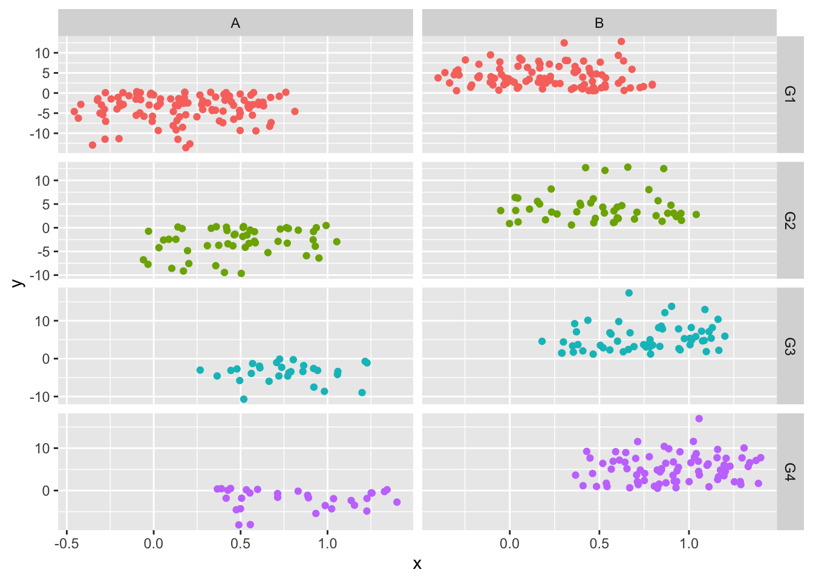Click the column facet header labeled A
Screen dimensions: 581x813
coord(235,23)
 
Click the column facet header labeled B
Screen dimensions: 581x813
coord(599,23)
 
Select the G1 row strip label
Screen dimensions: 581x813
coord(789,94)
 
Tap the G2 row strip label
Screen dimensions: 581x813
coord(789,220)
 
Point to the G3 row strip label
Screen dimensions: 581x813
coord(789,346)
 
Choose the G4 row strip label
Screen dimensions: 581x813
coord(789,471)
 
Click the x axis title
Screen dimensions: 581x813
coord(417,565)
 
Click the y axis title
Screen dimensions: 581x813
coord(18,283)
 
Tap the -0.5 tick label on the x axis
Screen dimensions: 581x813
coord(67,543)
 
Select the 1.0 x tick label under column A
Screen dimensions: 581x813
coord(327,543)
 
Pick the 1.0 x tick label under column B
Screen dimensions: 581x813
coord(689,543)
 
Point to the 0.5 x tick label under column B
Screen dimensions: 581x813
coord(599,543)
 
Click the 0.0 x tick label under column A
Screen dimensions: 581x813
coord(154,543)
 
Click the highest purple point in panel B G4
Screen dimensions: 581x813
coord(699,419)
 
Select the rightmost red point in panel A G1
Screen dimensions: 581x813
coord(295,111)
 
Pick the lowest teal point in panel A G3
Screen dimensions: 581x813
coord(244,399)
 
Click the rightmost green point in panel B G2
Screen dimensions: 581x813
coord(696,214)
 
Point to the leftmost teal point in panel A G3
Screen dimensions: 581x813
coord(200,370)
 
